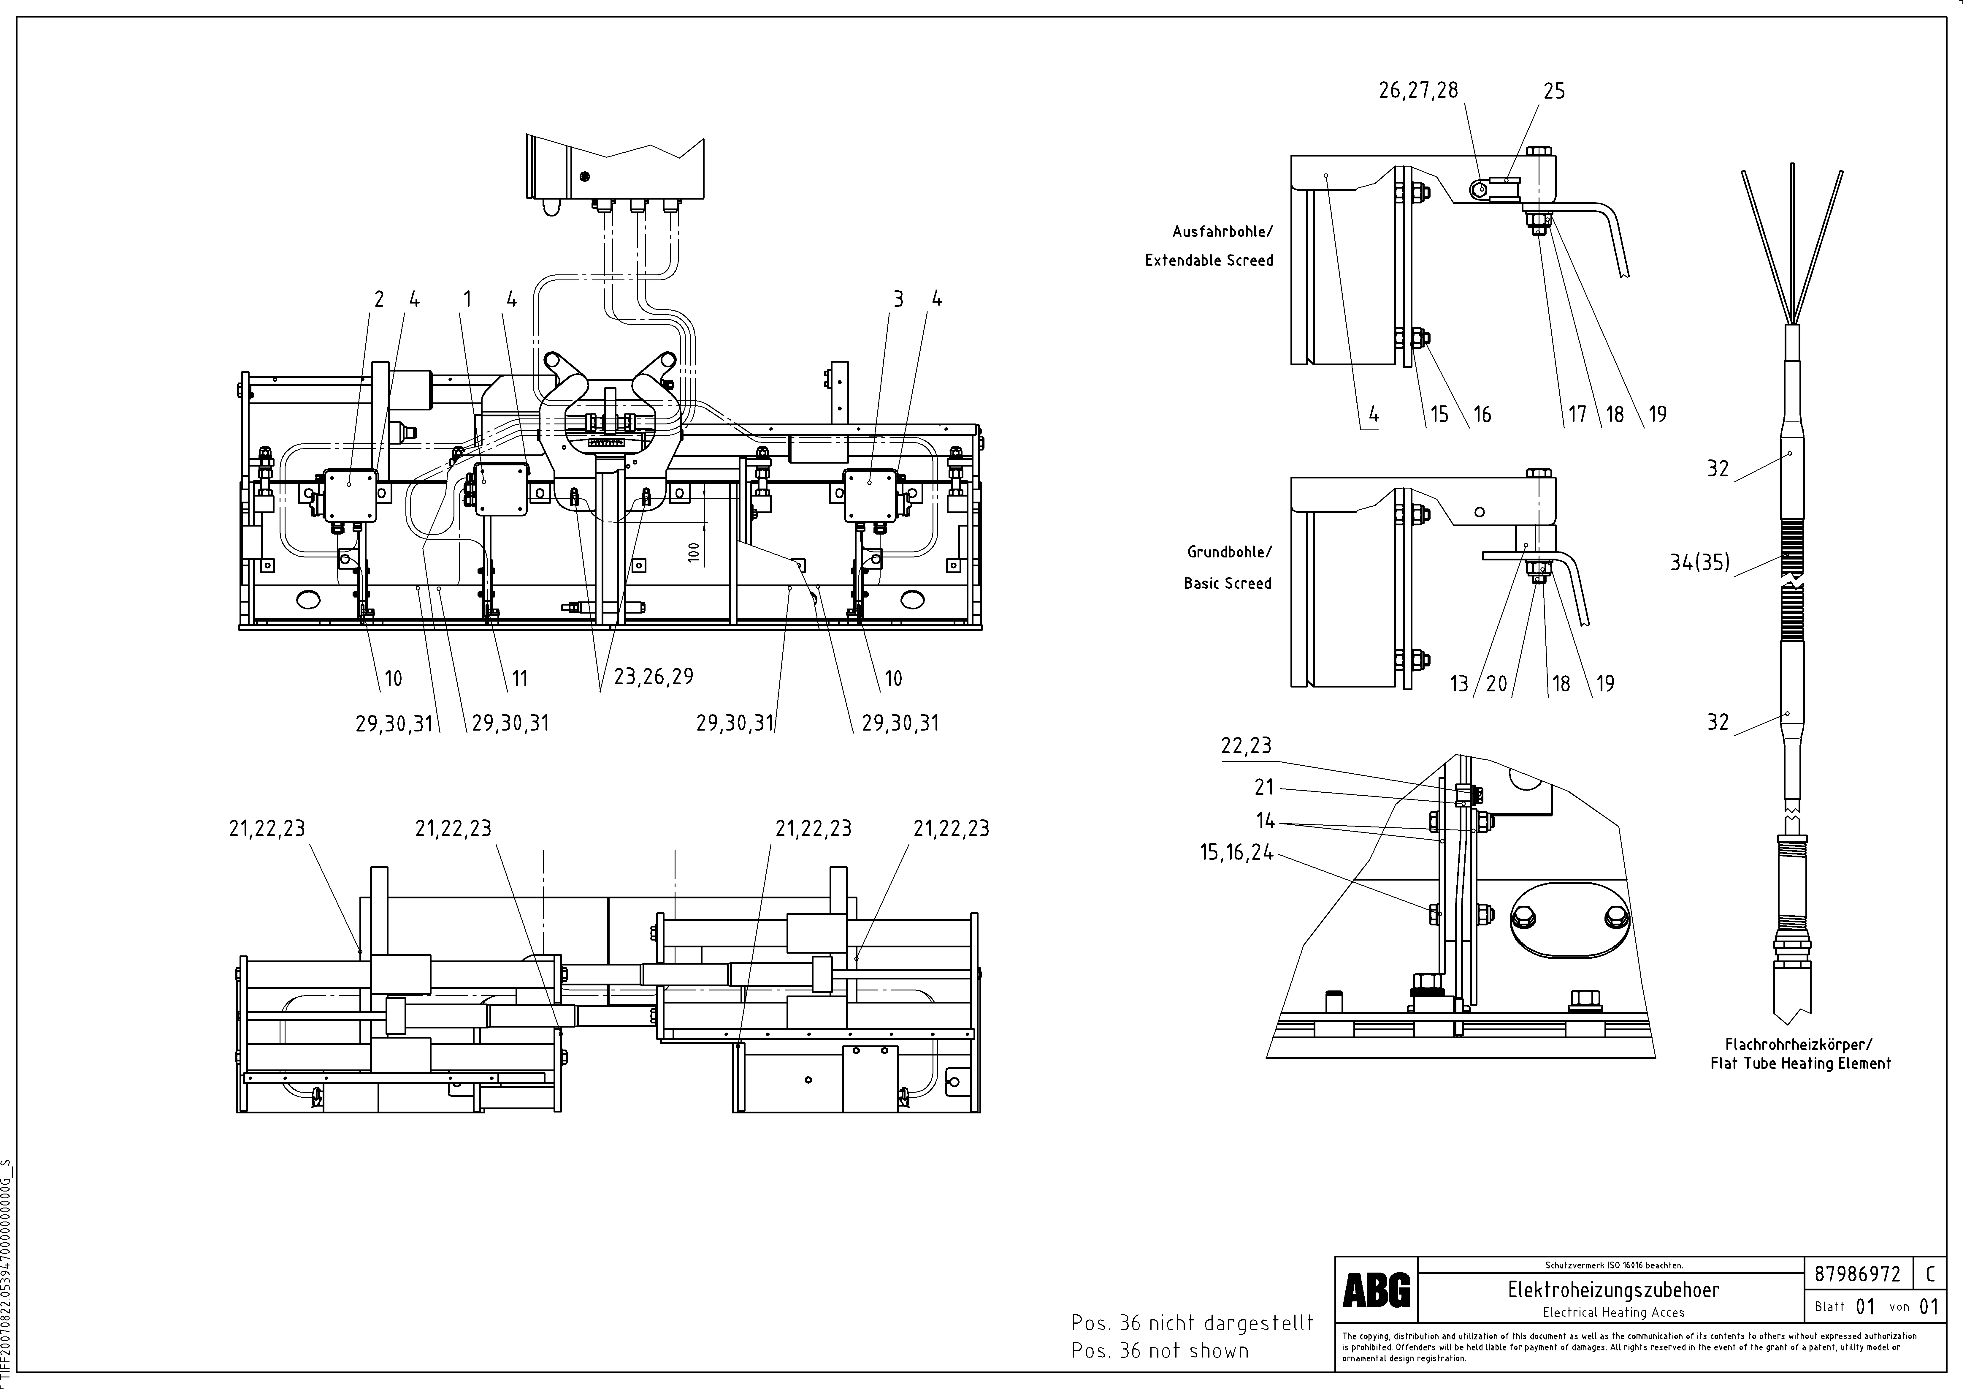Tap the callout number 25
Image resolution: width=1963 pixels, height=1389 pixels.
point(1554,91)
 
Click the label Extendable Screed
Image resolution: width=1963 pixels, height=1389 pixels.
point(1209,260)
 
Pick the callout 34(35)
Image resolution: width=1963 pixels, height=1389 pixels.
point(1700,562)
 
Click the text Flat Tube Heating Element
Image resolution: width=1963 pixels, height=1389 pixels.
point(1801,1063)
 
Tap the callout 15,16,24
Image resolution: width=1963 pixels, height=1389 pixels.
point(1236,853)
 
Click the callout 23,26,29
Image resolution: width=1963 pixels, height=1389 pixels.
point(653,677)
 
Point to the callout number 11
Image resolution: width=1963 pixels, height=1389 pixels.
point(520,678)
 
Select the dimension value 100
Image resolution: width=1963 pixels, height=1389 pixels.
point(693,552)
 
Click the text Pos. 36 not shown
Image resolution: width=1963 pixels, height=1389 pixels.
point(1159,1350)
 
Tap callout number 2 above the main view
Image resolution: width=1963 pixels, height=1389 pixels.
point(379,299)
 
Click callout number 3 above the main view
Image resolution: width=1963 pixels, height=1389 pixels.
point(898,299)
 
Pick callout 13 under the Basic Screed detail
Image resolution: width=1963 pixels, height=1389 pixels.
point(1458,683)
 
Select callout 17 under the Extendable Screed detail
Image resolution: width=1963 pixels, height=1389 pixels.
point(1577,414)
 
